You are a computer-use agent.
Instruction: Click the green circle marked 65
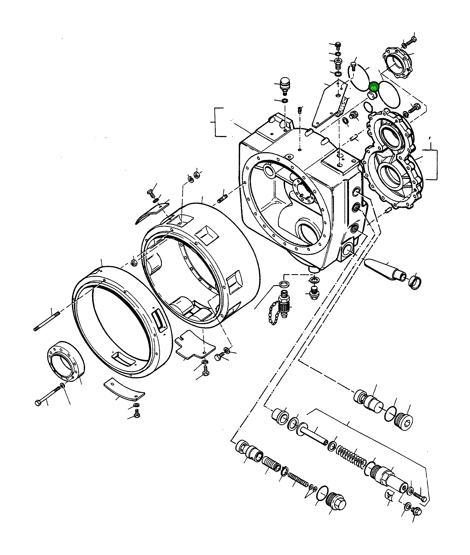pyautogui.click(x=374, y=88)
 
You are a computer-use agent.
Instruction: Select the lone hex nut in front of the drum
pyautogui.click(x=134, y=263)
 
